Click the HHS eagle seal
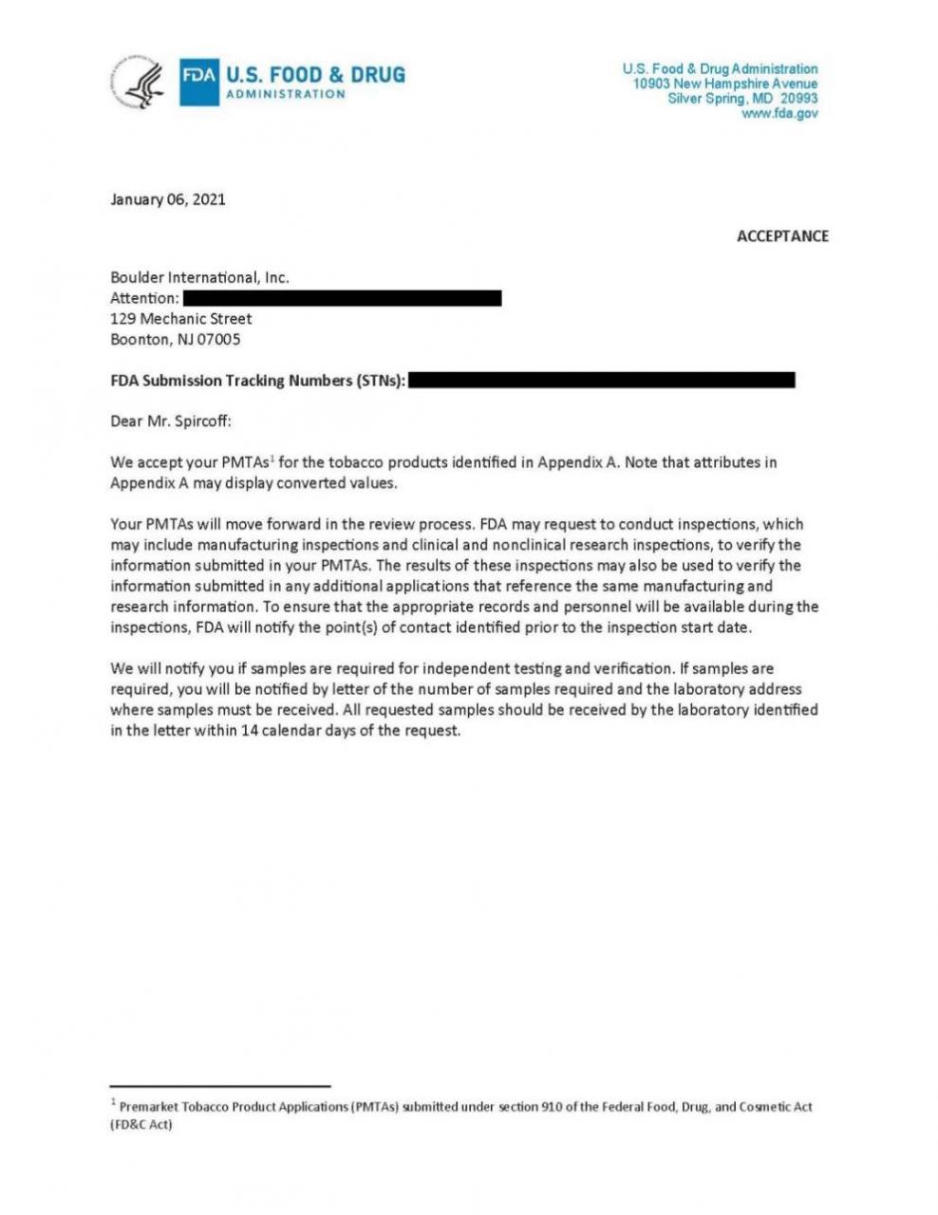pyautogui.click(x=139, y=83)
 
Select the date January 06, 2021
pyautogui.click(x=168, y=199)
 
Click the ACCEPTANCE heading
pyautogui.click(x=782, y=236)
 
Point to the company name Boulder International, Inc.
pyautogui.click(x=199, y=278)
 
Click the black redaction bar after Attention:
pyautogui.click(x=342, y=298)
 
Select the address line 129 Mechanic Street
pyautogui.click(x=181, y=319)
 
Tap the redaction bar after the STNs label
pyautogui.click(x=602, y=381)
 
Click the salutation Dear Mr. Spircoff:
pyautogui.click(x=171, y=421)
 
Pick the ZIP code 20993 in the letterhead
pyautogui.click(x=798, y=99)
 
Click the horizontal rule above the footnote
pyautogui.click(x=220, y=1085)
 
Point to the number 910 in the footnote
pyautogui.click(x=552, y=1107)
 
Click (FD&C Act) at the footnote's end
pyautogui.click(x=141, y=1125)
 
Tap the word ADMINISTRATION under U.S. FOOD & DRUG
pyautogui.click(x=285, y=94)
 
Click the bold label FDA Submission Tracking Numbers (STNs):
pyautogui.click(x=258, y=382)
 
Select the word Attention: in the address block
pyautogui.click(x=144, y=299)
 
